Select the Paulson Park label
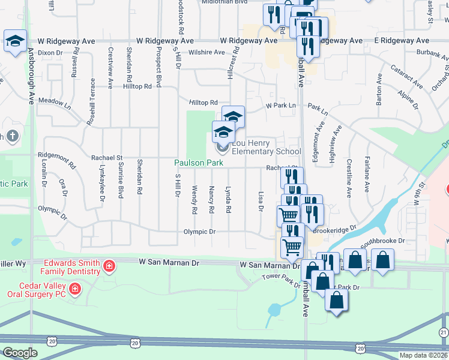click(199, 163)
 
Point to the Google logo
click(20, 352)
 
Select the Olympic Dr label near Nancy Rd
click(199, 232)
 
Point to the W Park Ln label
click(282, 106)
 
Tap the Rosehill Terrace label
click(92, 98)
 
